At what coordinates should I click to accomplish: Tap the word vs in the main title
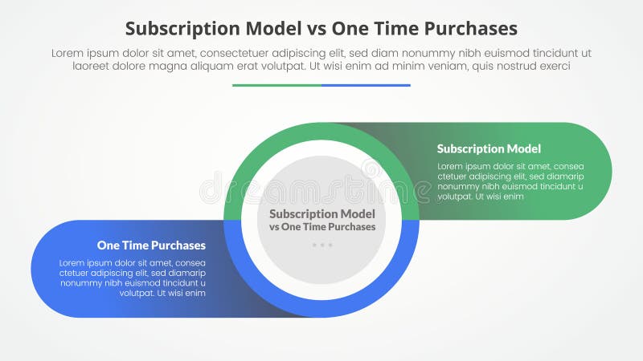(315, 28)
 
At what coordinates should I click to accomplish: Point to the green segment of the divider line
(276, 84)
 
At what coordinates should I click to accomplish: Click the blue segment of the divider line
(366, 84)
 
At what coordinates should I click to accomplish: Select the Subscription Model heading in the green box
(489, 148)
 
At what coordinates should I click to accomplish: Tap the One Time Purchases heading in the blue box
(151, 245)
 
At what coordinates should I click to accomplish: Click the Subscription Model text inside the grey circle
(321, 214)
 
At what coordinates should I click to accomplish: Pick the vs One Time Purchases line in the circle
(321, 227)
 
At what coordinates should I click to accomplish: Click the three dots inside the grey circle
(321, 245)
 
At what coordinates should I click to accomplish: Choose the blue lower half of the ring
(321, 309)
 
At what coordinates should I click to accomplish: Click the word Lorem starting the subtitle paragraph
(68, 53)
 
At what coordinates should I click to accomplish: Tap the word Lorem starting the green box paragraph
(450, 167)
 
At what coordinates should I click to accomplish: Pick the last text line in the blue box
(162, 294)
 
